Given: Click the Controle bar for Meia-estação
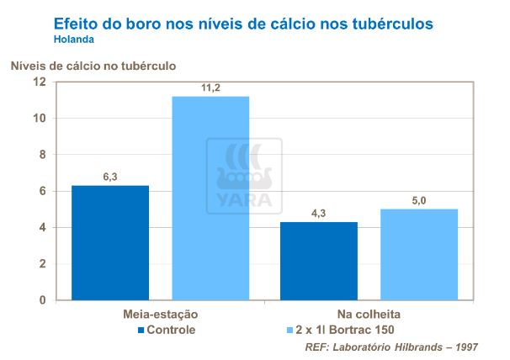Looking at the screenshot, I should (x=109, y=242).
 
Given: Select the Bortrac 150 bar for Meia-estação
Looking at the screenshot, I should (x=210, y=198).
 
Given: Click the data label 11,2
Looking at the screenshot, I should (x=211, y=87).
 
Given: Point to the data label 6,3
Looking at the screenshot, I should (x=109, y=176).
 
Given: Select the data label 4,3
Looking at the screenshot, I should (x=319, y=213).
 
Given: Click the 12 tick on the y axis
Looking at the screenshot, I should (x=39, y=82).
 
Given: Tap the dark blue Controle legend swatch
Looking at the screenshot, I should (x=141, y=330).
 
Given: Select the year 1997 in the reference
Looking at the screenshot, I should (x=466, y=346).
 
